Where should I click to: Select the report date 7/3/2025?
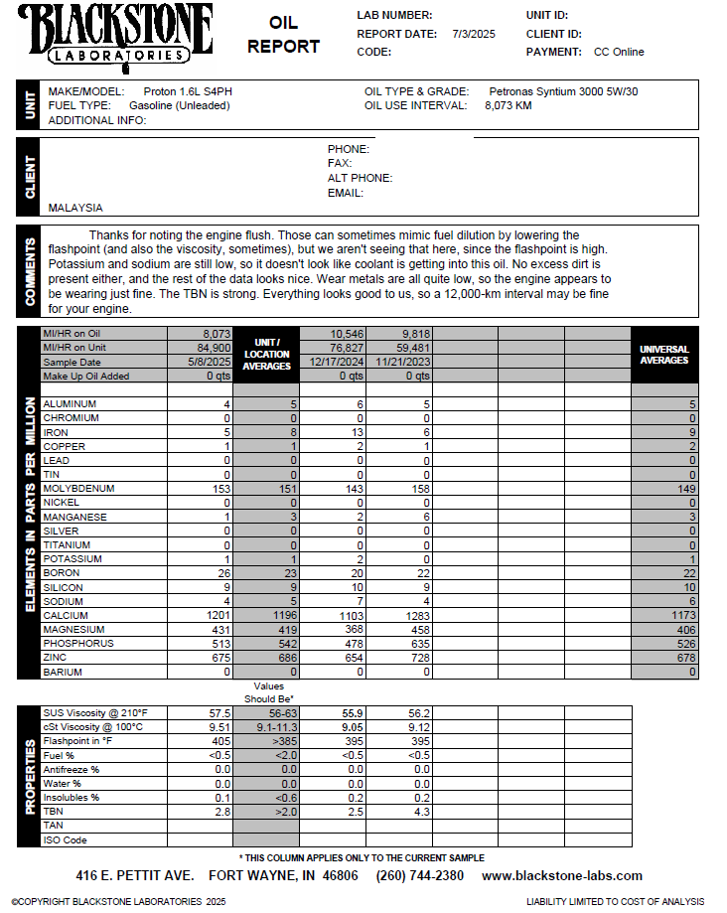pos(474,34)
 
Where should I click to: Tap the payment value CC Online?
pos(619,52)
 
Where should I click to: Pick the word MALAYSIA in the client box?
pos(75,209)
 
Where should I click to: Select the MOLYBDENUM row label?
pos(78,489)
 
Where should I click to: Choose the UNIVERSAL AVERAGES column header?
pos(664,355)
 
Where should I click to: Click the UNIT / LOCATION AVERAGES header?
pos(266,355)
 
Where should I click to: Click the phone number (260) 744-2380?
pos(419,876)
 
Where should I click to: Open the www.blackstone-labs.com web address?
pos(562,876)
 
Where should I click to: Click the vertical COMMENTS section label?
pos(29,270)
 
